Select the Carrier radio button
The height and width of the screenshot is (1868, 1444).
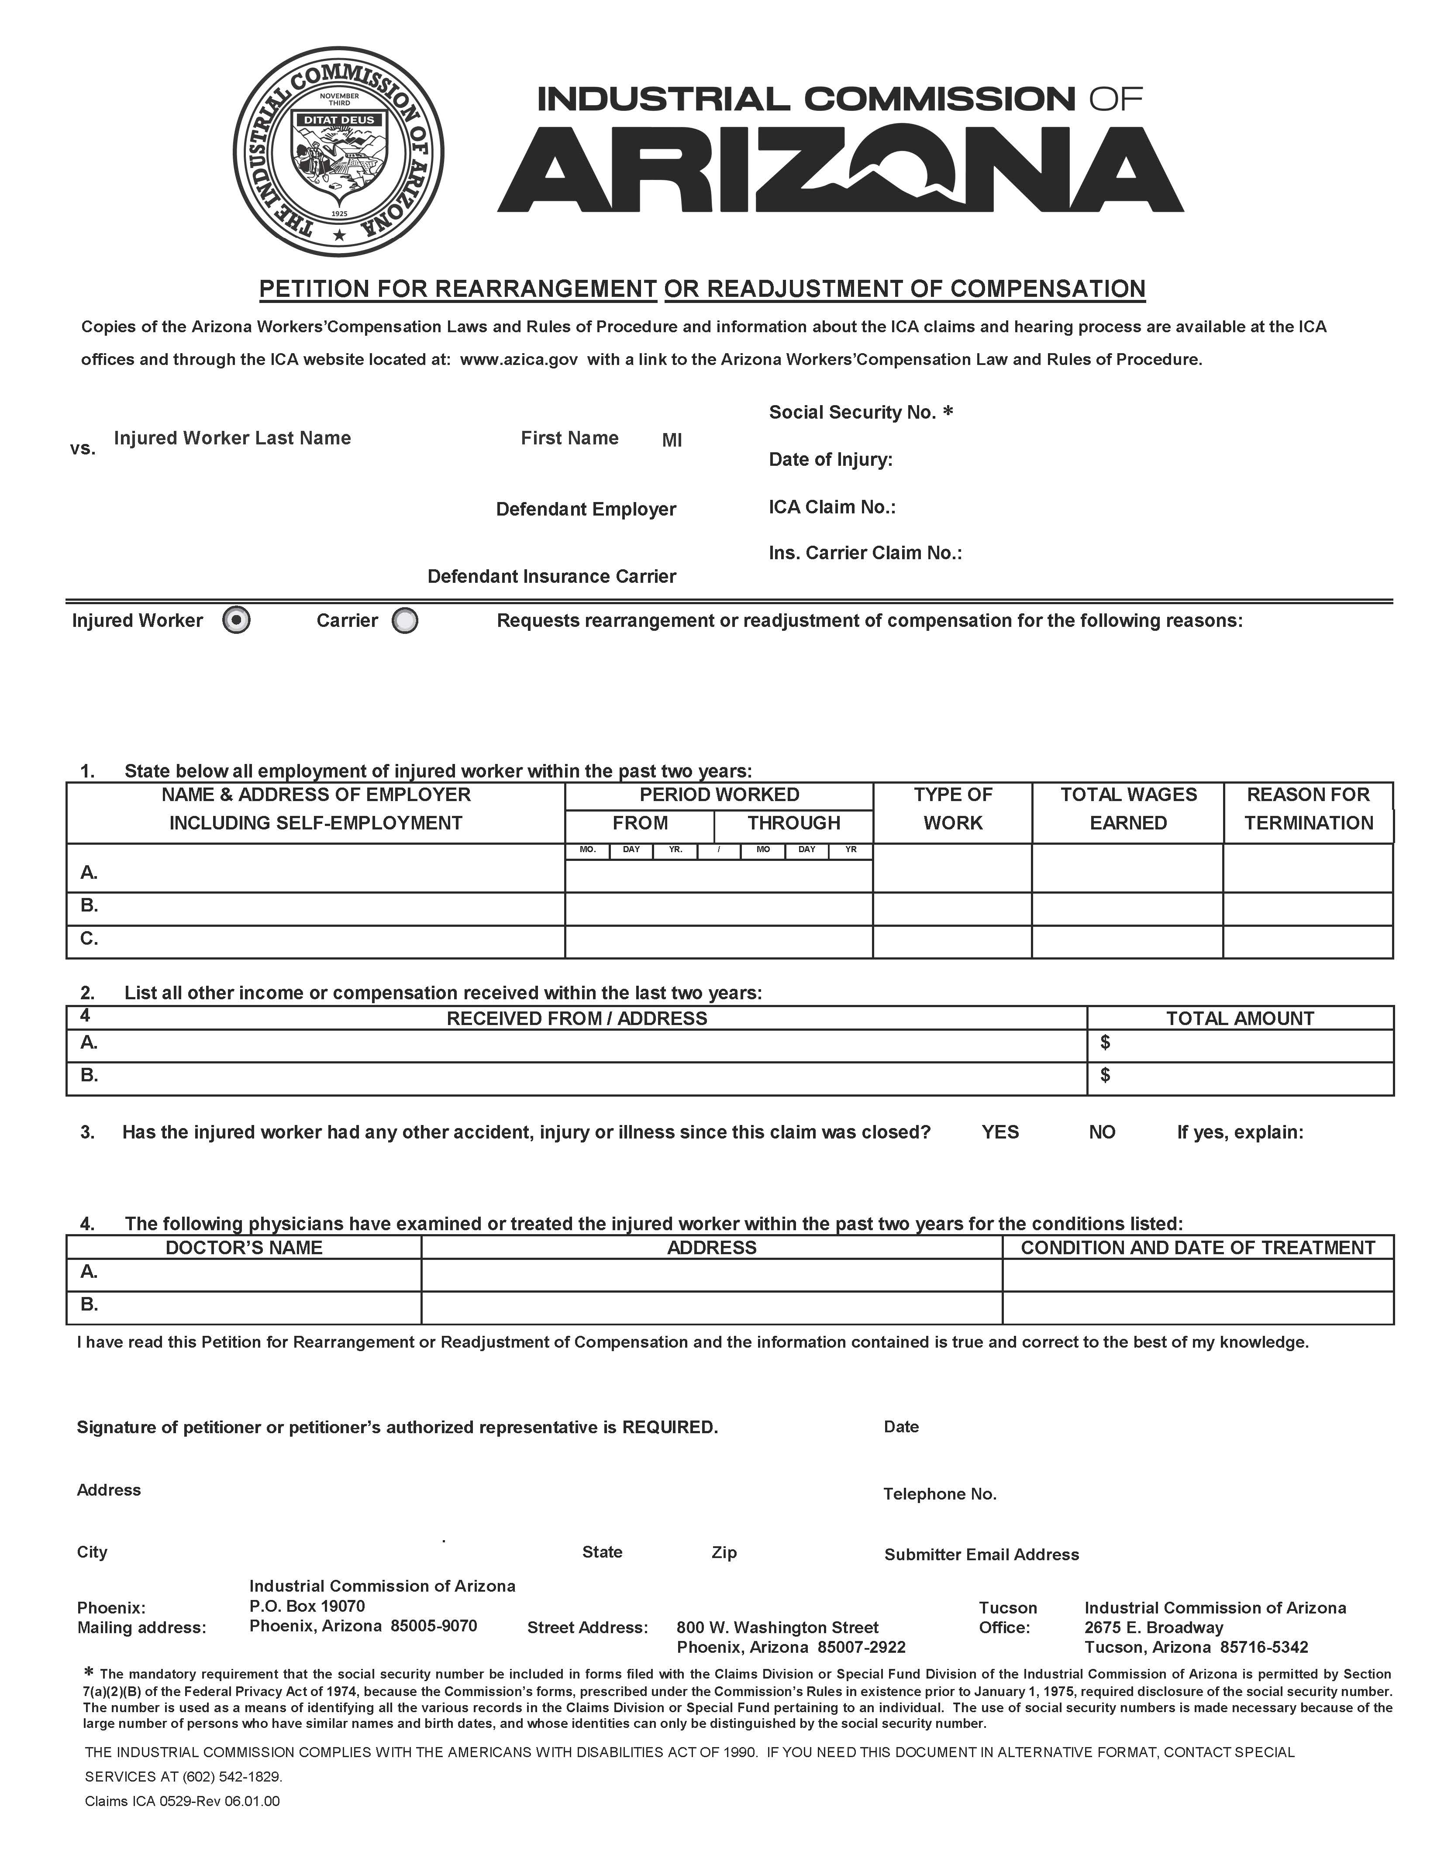coord(405,621)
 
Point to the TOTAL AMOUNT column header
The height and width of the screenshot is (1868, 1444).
coord(1240,1018)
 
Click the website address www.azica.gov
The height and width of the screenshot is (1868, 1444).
coord(518,359)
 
